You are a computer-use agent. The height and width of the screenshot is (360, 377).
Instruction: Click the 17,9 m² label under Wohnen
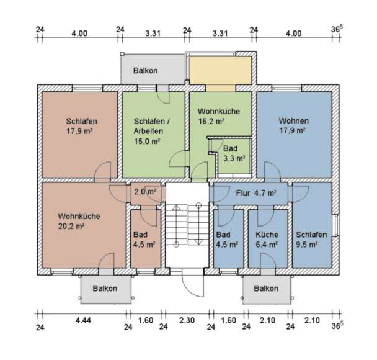pyautogui.click(x=293, y=131)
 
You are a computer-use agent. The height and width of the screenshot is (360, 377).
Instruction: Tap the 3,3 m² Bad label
pyautogui.click(x=234, y=158)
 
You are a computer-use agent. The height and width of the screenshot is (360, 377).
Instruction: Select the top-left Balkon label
pyautogui.click(x=145, y=71)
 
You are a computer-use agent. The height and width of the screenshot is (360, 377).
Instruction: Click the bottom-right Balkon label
pyautogui.click(x=266, y=289)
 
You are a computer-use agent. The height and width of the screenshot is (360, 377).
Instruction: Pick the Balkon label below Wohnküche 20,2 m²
pyautogui.click(x=104, y=289)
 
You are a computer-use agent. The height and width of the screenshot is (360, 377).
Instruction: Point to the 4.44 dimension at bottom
pyautogui.click(x=82, y=321)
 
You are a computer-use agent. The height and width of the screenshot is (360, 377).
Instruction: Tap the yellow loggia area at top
pyautogui.click(x=220, y=70)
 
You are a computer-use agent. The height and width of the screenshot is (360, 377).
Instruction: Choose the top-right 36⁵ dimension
pyautogui.click(x=337, y=29)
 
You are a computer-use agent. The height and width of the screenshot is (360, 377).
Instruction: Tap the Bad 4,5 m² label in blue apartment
pyautogui.click(x=227, y=240)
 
